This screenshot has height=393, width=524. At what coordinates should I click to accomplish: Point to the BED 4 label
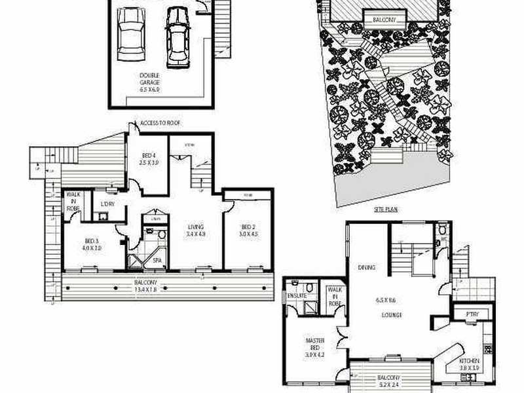[149, 158]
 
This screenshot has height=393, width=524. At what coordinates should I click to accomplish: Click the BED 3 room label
[91, 244]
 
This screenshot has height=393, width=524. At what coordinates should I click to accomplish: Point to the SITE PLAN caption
[386, 210]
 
